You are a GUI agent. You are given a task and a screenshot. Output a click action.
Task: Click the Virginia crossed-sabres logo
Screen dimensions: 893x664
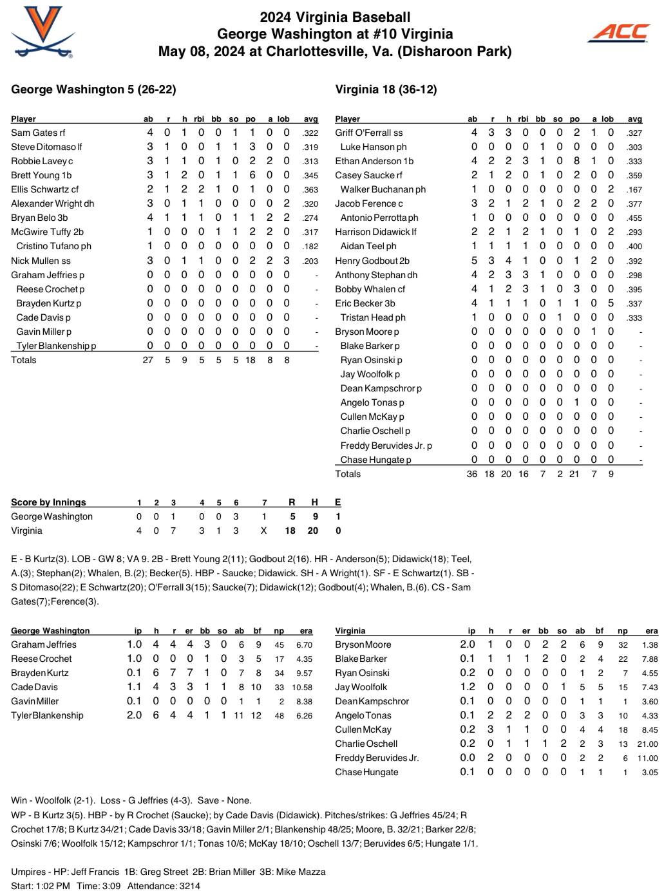tap(43, 32)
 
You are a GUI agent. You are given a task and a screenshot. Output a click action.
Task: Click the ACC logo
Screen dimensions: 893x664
tap(620, 32)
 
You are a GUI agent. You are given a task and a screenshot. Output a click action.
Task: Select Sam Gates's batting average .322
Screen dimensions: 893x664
tap(310, 133)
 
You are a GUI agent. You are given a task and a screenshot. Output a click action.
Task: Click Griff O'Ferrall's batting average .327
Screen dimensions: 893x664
tap(634, 133)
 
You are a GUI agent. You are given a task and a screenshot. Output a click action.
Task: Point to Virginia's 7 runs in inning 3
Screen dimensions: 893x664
tap(173, 531)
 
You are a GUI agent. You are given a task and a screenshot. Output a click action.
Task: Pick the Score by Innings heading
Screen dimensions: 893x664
tap(48, 502)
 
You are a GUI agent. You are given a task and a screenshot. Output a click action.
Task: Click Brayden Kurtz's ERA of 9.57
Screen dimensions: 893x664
tap(304, 673)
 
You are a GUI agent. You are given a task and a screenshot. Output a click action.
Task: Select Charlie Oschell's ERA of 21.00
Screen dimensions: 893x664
tap(647, 744)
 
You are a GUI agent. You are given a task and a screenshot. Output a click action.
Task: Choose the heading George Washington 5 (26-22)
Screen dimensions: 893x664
tap(93, 89)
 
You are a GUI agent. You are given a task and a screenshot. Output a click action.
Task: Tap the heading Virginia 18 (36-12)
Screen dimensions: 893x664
tap(386, 89)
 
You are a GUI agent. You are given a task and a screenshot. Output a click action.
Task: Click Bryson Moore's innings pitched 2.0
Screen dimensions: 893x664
tap(468, 644)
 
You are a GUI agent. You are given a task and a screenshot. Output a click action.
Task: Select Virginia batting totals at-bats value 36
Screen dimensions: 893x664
tap(472, 474)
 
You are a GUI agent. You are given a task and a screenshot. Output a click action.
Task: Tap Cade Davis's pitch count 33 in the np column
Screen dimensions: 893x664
tap(279, 688)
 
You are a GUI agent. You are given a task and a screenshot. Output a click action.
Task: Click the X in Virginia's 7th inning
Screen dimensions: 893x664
tap(263, 531)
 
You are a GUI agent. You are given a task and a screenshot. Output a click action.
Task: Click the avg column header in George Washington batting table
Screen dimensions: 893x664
tap(310, 119)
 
